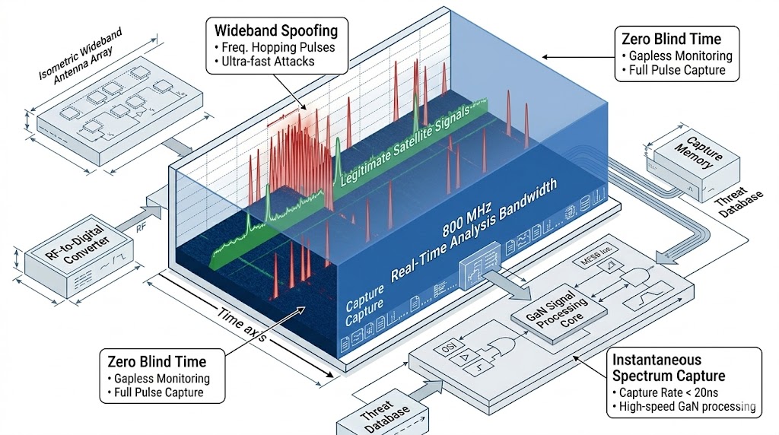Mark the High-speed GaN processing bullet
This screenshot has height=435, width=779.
point(682,407)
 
